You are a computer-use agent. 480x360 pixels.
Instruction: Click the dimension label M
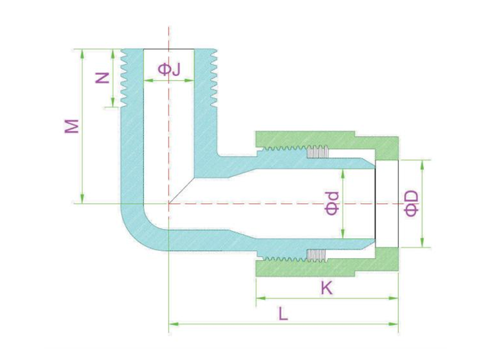[x=71, y=126]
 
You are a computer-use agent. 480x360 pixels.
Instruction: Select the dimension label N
[x=102, y=78]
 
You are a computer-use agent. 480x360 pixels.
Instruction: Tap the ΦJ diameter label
[x=169, y=69]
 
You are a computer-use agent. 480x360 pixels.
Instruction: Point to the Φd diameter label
[x=332, y=203]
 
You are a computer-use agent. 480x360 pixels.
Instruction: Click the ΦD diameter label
[x=411, y=203]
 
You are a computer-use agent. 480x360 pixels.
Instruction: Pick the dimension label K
[x=326, y=288]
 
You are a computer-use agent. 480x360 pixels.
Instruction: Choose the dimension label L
[x=283, y=314]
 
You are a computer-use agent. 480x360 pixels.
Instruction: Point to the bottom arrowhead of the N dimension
[x=113, y=102]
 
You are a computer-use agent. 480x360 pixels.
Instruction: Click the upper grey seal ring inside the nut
[x=318, y=152]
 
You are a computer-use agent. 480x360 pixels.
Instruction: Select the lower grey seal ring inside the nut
[x=318, y=255]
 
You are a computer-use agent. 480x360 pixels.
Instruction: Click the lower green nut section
[x=327, y=262]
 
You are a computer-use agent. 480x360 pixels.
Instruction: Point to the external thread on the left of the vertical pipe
[x=124, y=78]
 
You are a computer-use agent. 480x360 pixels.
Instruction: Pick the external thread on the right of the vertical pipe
[x=214, y=78]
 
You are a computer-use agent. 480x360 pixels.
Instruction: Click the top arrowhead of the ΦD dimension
[x=422, y=164]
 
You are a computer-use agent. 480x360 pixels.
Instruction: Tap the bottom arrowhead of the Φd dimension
[x=343, y=233]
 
